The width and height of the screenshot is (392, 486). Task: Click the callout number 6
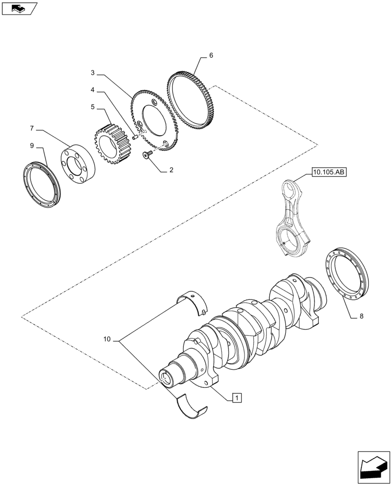pyautogui.click(x=211, y=56)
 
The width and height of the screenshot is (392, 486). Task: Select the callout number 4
pyautogui.click(x=92, y=90)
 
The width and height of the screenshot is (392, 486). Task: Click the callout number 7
pyautogui.click(x=32, y=128)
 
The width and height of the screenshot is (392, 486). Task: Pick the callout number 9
pyautogui.click(x=32, y=145)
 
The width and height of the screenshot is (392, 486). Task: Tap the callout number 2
pyautogui.click(x=171, y=171)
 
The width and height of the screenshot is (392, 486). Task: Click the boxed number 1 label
pyautogui.click(x=236, y=399)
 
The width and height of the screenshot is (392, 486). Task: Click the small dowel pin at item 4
pyautogui.click(x=135, y=137)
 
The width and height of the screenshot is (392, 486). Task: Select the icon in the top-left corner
pyautogui.click(x=19, y=8)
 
